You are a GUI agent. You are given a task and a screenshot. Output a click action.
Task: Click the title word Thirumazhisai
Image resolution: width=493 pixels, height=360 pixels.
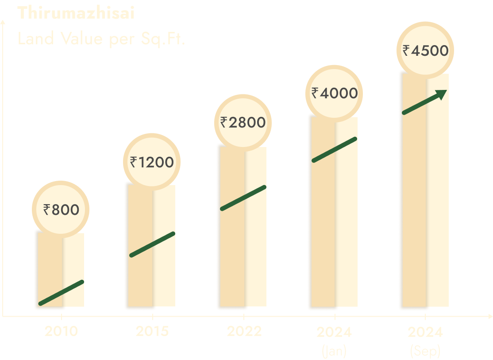[76, 13]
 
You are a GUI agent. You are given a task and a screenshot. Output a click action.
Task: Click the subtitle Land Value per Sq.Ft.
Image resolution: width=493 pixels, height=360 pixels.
[101, 39]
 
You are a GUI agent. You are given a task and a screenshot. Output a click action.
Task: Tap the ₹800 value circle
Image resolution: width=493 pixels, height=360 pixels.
[61, 209]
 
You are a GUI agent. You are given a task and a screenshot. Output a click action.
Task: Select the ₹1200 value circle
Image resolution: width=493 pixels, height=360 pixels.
[152, 163]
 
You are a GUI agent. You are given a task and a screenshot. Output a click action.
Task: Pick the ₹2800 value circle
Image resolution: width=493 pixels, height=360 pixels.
[243, 122]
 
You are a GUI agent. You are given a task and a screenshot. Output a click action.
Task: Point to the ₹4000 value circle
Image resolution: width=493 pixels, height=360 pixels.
[334, 93]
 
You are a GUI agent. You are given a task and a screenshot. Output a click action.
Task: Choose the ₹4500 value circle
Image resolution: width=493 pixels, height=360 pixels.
[425, 50]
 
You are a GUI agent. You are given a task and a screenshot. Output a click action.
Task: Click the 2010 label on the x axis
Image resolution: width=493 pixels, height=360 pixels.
[61, 331]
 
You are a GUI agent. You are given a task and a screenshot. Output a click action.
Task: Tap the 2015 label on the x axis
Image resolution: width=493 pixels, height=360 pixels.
[152, 331]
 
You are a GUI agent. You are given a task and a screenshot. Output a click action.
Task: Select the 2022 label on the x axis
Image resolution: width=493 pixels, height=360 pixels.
[244, 331]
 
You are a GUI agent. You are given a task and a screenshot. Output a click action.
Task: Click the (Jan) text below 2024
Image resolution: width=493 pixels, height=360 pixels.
[334, 351]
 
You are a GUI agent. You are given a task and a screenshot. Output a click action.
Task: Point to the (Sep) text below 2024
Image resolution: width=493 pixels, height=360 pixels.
[425, 351]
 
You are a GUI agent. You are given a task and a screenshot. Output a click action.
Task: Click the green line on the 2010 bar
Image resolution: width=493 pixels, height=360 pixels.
[61, 293]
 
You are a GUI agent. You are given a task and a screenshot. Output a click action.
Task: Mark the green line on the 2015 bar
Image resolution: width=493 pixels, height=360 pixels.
[152, 244]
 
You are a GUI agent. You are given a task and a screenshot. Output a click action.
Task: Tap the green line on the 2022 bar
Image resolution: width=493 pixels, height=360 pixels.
[243, 197]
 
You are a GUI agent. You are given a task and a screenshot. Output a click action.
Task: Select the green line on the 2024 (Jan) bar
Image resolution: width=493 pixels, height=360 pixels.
[335, 150]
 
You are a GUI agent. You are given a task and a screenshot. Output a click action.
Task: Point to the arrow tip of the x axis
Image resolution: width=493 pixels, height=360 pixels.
[490, 317]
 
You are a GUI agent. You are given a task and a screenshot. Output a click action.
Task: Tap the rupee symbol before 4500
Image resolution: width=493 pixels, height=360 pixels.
[406, 50]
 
